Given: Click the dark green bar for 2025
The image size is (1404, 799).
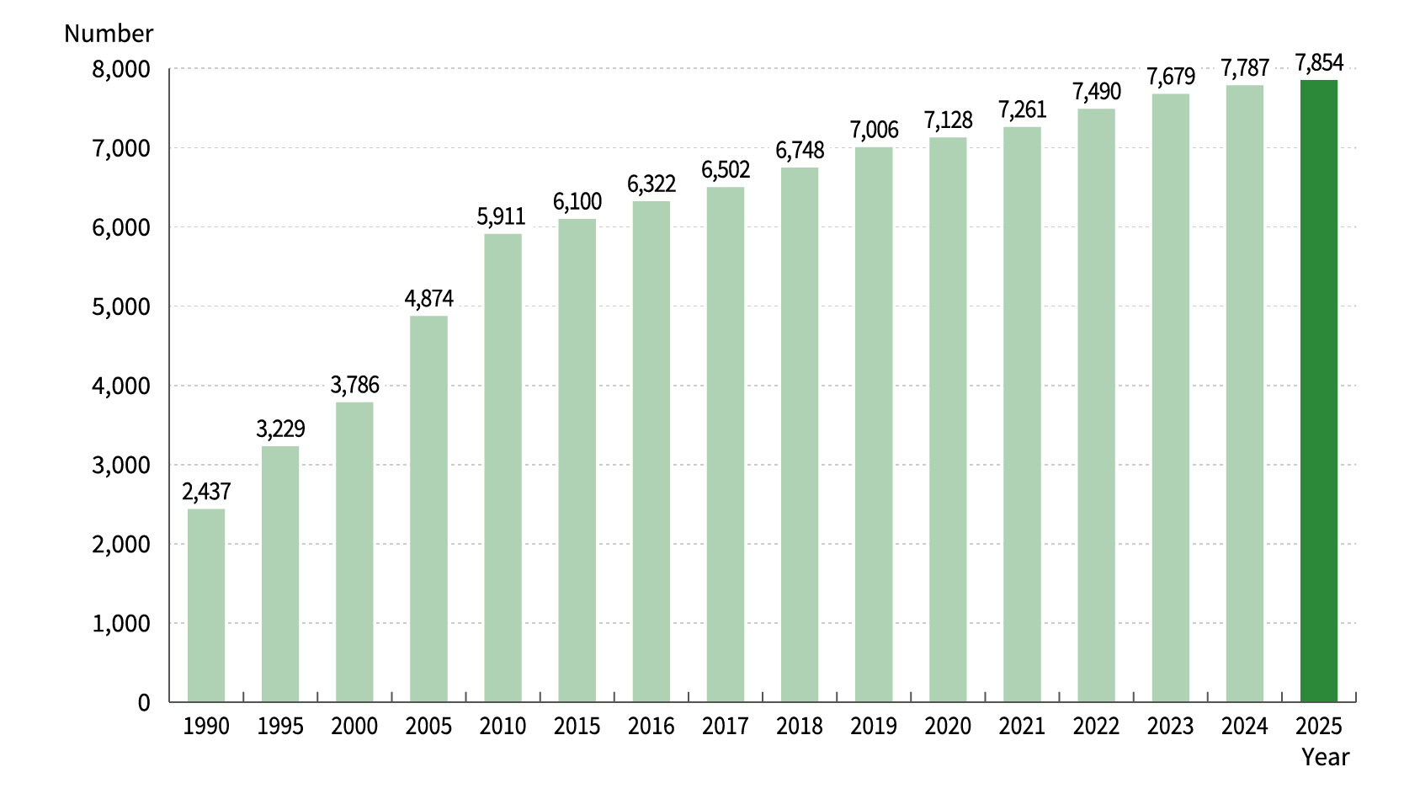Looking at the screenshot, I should pos(1318,392).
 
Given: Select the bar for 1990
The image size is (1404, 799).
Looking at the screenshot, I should pos(206,605).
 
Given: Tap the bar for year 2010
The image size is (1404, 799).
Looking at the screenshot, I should pos(503,468).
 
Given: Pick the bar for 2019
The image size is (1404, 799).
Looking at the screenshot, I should pos(874,425).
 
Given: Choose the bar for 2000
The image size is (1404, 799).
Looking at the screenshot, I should pos(354,552).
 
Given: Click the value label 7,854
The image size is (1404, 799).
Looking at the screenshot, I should pos(1319,63).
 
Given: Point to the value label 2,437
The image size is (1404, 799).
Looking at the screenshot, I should pos(206,492).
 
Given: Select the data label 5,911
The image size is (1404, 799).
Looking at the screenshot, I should pos(502,216).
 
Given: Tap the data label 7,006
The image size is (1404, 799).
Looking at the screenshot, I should pos(874,131).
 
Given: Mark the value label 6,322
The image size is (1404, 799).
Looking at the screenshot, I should pos(651,184).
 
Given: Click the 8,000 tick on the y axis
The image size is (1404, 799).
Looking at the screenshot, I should pos(121,69).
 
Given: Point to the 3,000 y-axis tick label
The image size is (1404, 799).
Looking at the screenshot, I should pos(121,465).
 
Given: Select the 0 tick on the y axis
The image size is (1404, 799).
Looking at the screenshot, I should pos(144,703).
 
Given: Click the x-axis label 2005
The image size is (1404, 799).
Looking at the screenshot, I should pos(428,727).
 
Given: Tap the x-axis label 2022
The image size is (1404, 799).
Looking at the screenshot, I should pos(1096,727).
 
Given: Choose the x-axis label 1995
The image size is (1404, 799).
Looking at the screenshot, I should pos(280,727).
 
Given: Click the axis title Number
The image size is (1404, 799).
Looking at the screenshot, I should pos(109,34).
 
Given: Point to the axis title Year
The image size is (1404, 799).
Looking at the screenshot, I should pos(1325,758).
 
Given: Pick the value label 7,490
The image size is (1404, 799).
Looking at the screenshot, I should pos(1096,91).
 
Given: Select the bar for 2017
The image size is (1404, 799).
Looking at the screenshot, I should pos(726,445).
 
